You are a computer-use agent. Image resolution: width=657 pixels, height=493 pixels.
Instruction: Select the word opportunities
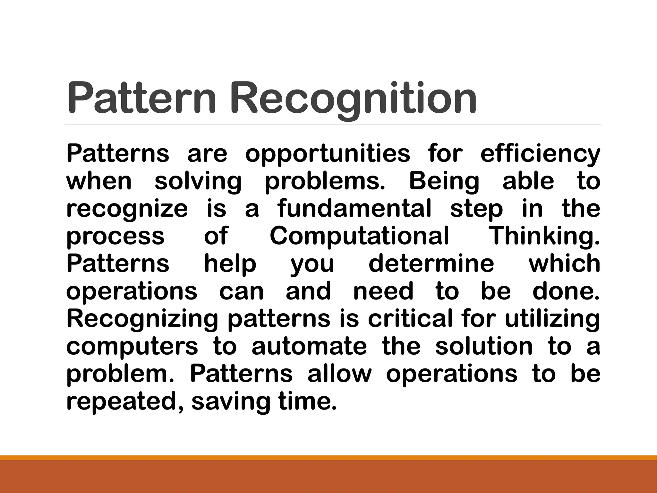pos(328,154)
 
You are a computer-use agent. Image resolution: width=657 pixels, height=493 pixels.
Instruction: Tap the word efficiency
pos(540,154)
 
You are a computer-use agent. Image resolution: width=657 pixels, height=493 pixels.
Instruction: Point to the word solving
pos(198,182)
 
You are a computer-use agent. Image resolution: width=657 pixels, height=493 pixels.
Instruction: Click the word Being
pos(444,181)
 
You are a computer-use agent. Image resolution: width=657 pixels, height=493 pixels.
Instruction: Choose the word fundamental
pos(354,208)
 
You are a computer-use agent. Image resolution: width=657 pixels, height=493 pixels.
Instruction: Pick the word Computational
pos(359,236)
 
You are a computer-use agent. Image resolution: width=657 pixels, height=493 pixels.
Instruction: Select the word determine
pos(431,263)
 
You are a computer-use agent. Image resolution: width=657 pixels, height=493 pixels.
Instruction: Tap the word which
pos(564,263)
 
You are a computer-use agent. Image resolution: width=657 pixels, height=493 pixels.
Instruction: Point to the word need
pos(383,291)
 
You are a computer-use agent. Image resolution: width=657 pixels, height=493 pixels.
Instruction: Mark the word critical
pos(410,318)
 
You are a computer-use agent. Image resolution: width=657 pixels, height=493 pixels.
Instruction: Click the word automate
pos(309,346)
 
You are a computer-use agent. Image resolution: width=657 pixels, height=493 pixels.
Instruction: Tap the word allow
pos(339,374)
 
